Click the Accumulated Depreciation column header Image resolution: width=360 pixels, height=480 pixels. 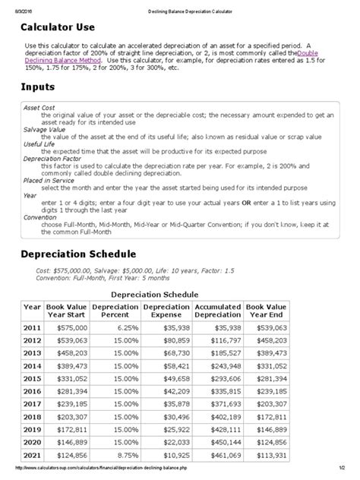click(219, 311)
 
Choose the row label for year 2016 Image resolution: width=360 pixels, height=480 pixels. click(32, 391)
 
